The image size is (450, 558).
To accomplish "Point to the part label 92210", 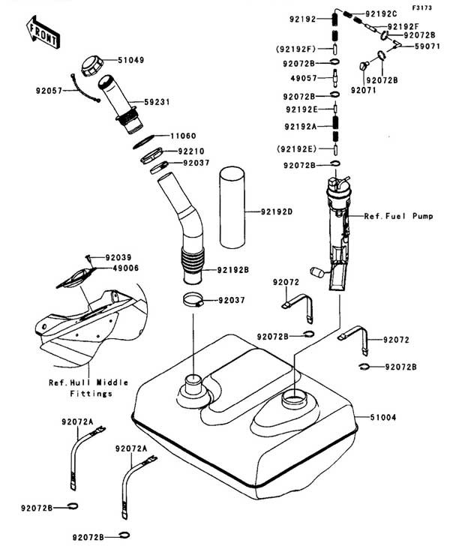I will (x=189, y=151).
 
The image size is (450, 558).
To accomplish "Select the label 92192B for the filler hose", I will (x=235, y=269).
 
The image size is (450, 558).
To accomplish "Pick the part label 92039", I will (x=118, y=257).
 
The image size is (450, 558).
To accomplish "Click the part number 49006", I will (x=118, y=268).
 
